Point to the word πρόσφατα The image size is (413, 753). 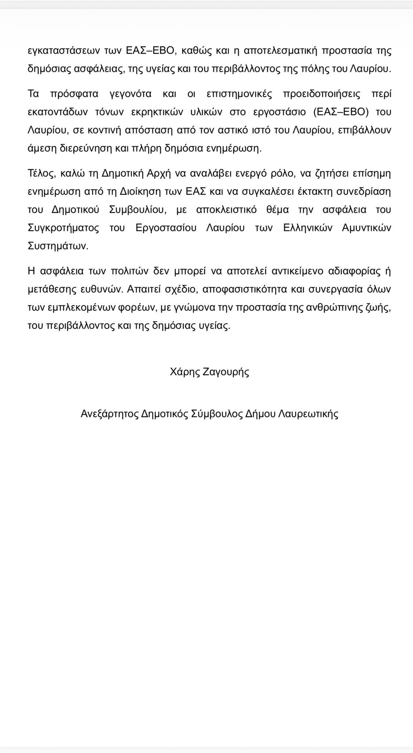pyautogui.click(x=74, y=94)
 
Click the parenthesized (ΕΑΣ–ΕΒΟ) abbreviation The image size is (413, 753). pyautogui.click(x=341, y=112)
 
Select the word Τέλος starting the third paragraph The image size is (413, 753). pyautogui.click(x=41, y=173)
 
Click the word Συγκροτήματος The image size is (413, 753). pyautogui.click(x=64, y=228)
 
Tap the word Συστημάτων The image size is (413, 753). pyautogui.click(x=58, y=246)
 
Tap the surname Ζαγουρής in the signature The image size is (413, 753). pyautogui.click(x=226, y=372)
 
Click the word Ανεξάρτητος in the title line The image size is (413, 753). pyautogui.click(x=109, y=414)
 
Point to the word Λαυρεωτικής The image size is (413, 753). pyautogui.click(x=308, y=414)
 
